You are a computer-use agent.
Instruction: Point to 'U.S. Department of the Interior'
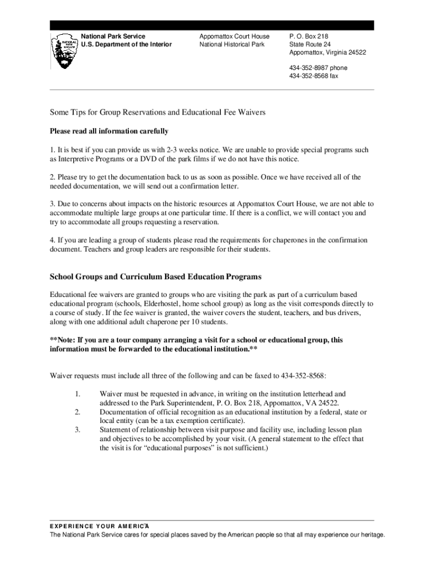click(126, 45)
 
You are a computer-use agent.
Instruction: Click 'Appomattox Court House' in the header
click(235, 36)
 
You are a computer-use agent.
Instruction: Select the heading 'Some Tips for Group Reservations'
click(157, 112)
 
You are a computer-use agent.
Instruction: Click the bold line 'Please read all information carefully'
click(109, 131)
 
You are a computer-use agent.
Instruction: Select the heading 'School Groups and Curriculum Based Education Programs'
click(155, 276)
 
